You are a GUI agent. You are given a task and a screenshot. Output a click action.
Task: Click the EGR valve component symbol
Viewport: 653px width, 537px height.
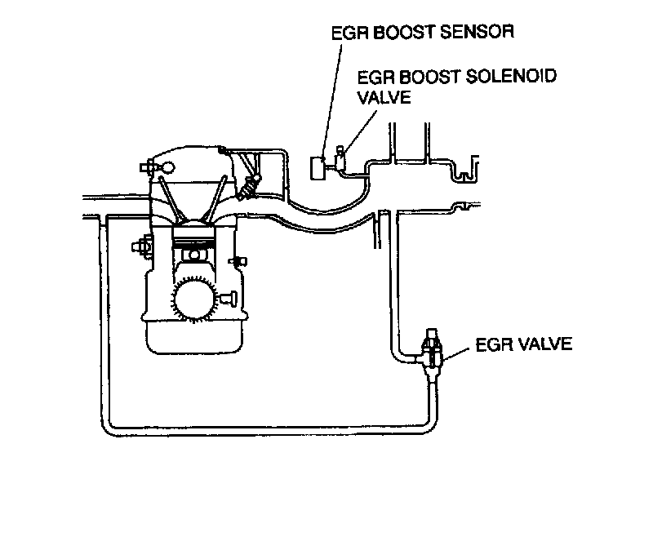(433, 353)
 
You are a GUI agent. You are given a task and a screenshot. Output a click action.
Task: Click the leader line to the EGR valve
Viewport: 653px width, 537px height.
(459, 348)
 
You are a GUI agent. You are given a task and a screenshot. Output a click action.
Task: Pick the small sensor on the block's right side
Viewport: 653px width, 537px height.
(239, 261)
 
